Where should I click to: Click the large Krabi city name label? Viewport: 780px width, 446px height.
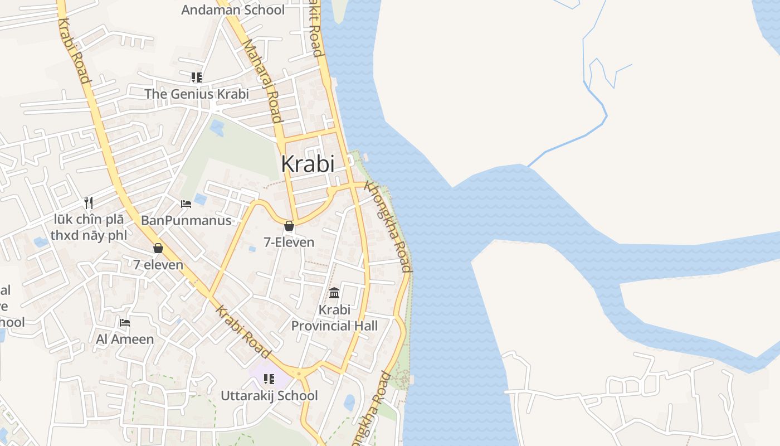[308, 164]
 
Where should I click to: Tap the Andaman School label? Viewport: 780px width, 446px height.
[233, 10]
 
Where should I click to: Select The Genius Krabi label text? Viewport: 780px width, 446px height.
[197, 94]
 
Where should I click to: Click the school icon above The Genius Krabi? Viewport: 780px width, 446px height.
[196, 77]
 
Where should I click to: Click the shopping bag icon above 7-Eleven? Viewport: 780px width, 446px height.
[289, 226]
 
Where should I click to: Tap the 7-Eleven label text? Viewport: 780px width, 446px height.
[289, 242]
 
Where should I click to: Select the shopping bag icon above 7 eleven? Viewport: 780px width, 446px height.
[158, 248]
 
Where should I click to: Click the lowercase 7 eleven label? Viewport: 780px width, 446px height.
[158, 264]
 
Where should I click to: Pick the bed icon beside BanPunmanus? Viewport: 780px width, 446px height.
[186, 204]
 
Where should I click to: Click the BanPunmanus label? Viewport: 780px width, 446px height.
[186, 220]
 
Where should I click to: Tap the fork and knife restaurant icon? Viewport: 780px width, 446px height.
[88, 202]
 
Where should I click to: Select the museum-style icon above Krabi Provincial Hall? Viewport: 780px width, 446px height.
[334, 293]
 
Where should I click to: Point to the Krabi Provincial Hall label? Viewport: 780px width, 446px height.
[334, 318]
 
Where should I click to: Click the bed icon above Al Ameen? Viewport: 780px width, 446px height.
[125, 322]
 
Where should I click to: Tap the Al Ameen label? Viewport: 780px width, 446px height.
[125, 338]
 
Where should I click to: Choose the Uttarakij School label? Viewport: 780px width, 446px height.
[269, 396]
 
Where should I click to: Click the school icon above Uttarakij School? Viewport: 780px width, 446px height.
[269, 379]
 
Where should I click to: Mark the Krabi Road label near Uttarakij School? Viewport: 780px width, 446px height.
[243, 332]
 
